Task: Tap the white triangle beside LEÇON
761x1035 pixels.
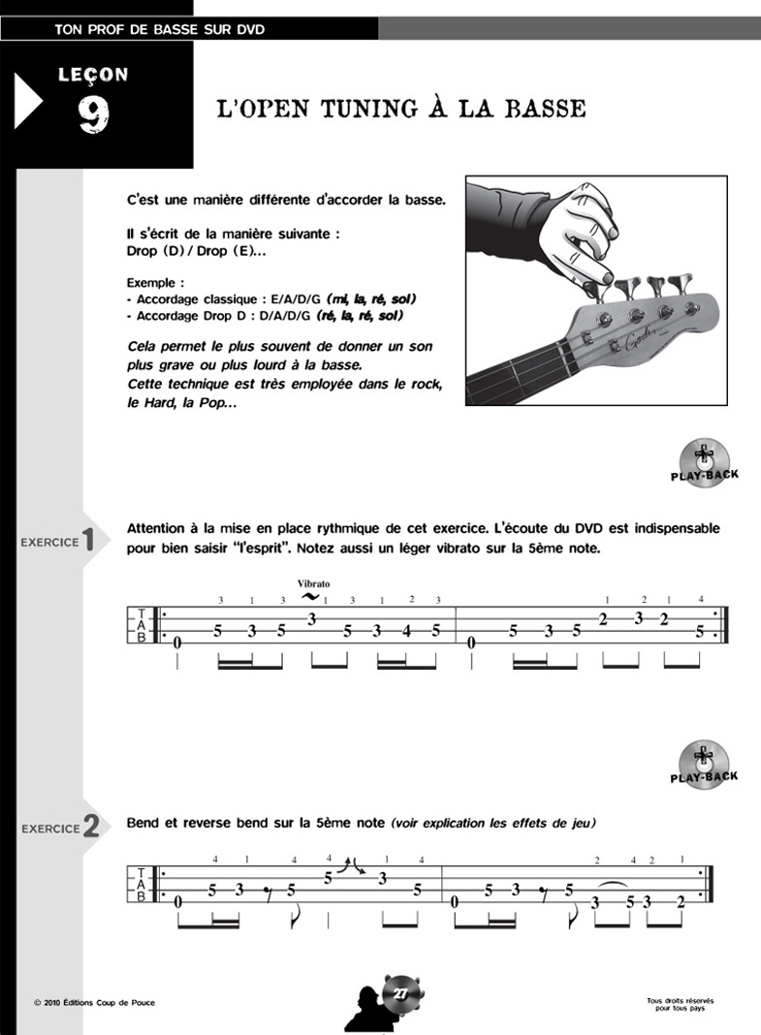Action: click(x=27, y=102)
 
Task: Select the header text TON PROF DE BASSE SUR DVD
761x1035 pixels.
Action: click(x=161, y=29)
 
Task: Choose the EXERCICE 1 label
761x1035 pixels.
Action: click(x=59, y=541)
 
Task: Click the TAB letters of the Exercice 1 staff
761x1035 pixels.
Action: click(x=143, y=625)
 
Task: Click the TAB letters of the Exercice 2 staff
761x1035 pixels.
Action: click(x=143, y=884)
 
